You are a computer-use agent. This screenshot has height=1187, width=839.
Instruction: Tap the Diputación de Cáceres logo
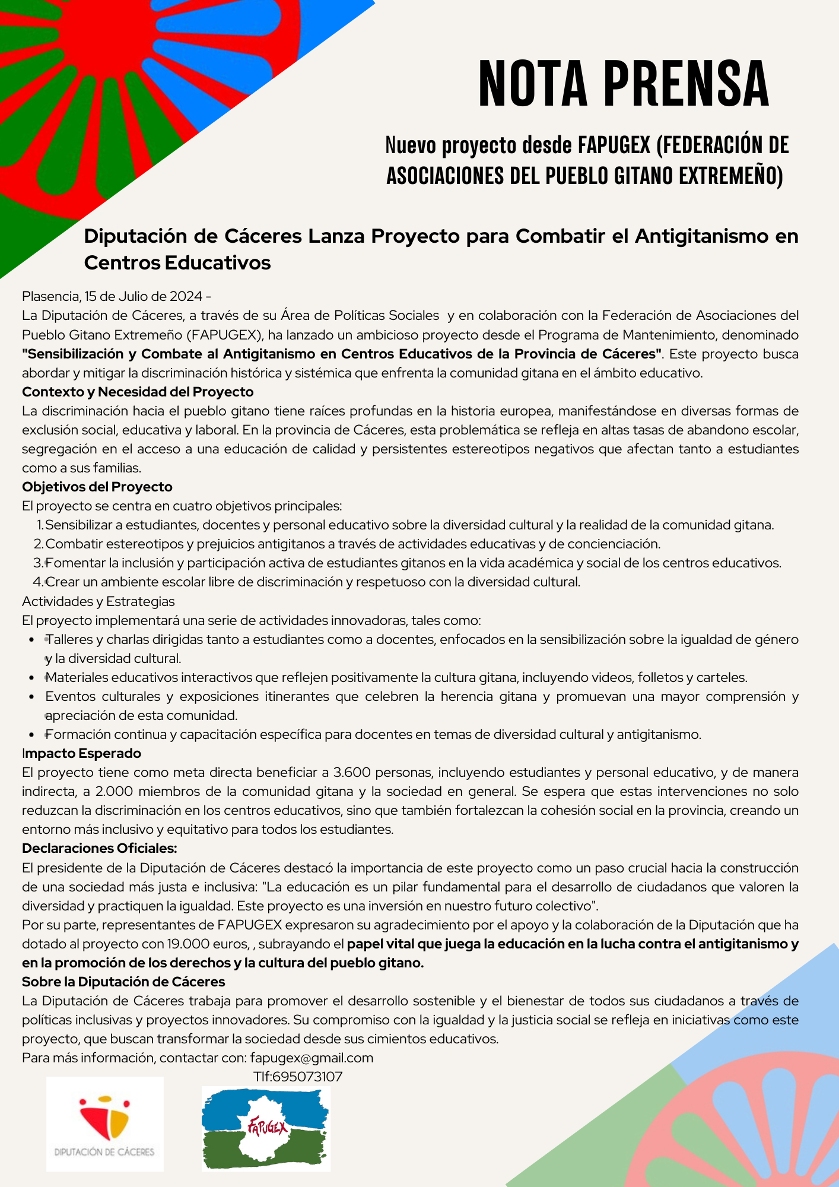point(105,1124)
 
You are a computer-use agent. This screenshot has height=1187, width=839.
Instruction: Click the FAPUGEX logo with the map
point(266,1128)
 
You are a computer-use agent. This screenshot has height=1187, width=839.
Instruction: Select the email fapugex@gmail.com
point(312,1058)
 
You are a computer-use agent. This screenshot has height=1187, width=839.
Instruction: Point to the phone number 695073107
point(307,1077)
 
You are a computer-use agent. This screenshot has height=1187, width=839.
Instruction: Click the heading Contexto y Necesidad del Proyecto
point(138,392)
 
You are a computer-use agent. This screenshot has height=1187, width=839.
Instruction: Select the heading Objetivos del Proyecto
point(97,487)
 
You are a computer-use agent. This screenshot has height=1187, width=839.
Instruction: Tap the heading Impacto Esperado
point(82,753)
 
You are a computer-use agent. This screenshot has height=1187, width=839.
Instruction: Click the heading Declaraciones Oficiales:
point(100,848)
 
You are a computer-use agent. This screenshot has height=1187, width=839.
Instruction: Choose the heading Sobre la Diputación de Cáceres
point(123,982)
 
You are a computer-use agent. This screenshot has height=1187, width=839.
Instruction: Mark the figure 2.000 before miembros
point(114,791)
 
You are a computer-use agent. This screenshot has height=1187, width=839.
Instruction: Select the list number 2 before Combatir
point(38,544)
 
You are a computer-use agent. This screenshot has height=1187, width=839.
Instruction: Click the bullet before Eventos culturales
point(32,697)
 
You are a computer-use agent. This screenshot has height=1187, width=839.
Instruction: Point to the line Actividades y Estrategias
point(98,601)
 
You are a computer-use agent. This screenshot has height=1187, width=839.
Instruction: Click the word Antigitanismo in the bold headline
point(703,236)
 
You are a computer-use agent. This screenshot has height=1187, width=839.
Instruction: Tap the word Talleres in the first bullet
point(70,639)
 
